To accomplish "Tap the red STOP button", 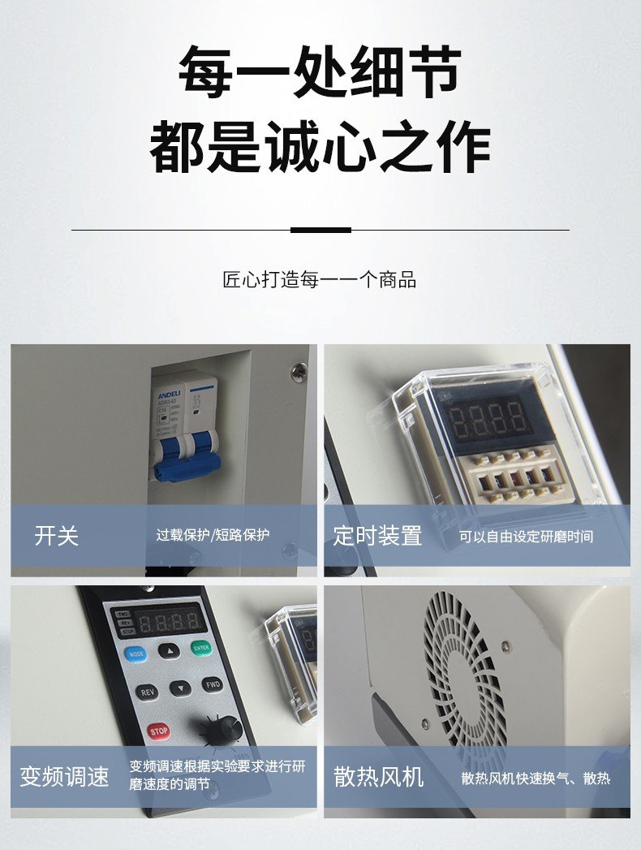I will pyautogui.click(x=159, y=731).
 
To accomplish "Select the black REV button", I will pyautogui.click(x=147, y=693).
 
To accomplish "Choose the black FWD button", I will pyautogui.click(x=212, y=684).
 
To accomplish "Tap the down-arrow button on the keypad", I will pyautogui.click(x=180, y=688).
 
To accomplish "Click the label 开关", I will pyautogui.click(x=57, y=536).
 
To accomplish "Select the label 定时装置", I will pyautogui.click(x=377, y=536).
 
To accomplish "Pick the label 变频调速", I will pyautogui.click(x=65, y=776).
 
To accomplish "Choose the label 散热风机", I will pyautogui.click(x=379, y=777).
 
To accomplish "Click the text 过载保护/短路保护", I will pyautogui.click(x=213, y=536).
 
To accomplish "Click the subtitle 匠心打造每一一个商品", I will pyautogui.click(x=320, y=280).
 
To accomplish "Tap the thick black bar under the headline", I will pyautogui.click(x=320, y=230).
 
